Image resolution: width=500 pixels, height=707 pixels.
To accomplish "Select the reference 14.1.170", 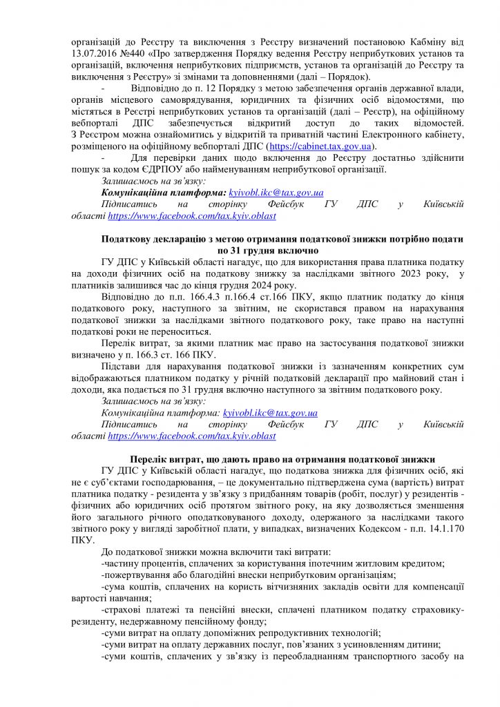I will pyautogui.click(x=443, y=530).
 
